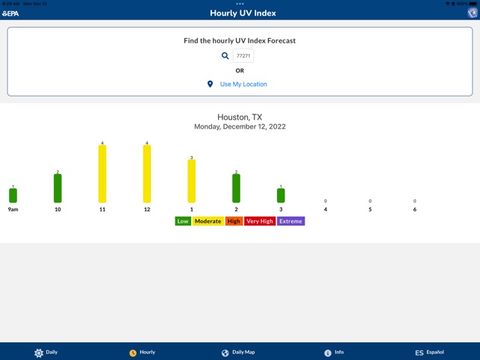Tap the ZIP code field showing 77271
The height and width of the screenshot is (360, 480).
point(243,55)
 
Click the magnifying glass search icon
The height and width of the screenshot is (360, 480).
point(225,55)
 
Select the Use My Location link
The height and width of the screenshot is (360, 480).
point(243,84)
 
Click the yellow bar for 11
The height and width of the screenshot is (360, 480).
point(102,174)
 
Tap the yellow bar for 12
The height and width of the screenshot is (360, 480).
point(147,174)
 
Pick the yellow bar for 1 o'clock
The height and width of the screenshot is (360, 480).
point(192,181)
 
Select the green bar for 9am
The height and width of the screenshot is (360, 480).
point(13,196)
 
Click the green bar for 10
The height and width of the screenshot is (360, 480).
point(57,188)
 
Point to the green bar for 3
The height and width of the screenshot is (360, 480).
point(281,196)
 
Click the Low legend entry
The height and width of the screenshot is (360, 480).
point(183,221)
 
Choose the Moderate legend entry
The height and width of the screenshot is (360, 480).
point(208,221)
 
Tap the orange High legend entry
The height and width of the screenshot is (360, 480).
point(234,221)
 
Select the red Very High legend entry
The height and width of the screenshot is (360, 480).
point(260,221)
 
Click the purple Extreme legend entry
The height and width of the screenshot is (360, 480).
point(291,221)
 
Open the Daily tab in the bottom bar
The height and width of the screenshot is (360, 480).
point(46,352)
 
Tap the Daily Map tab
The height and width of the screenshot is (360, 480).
point(238,352)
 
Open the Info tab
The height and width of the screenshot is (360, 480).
point(334,352)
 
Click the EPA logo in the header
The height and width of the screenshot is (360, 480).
point(10,13)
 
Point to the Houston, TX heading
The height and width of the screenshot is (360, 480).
point(240,117)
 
